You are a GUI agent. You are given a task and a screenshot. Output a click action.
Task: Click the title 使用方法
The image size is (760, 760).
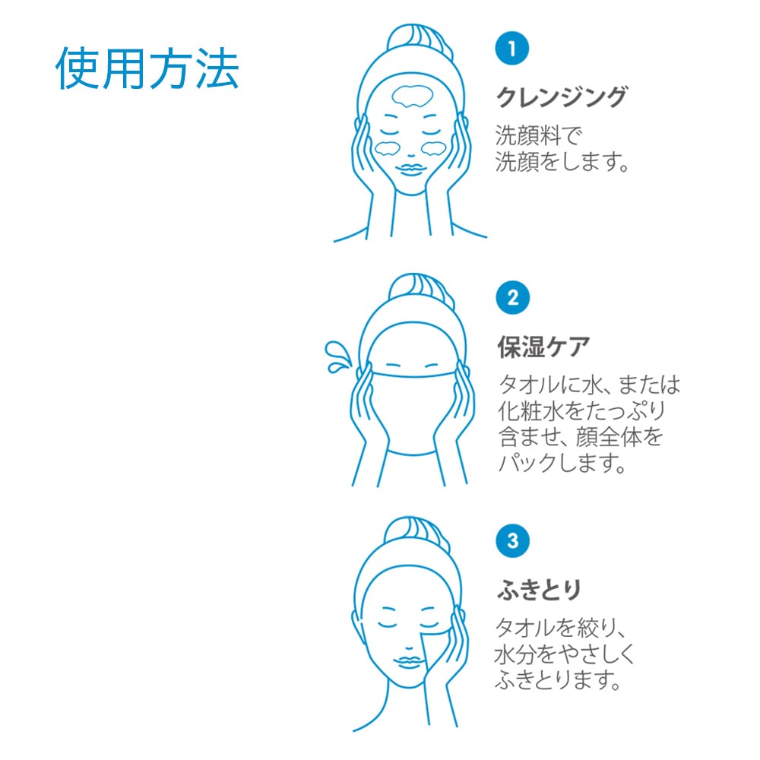click(x=147, y=68)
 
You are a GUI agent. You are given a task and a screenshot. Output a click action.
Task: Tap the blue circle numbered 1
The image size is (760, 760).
click(x=511, y=48)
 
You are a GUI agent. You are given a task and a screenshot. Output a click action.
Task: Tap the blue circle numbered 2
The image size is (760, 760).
click(x=512, y=298)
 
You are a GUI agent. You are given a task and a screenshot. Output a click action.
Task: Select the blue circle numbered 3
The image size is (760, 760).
click(x=512, y=541)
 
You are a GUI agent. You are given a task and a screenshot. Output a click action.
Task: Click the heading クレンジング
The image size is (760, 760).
click(x=562, y=97)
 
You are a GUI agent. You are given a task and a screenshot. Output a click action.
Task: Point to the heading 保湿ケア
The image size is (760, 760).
click(x=543, y=347)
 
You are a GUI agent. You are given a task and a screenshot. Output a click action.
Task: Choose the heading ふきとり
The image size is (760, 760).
click(x=539, y=591)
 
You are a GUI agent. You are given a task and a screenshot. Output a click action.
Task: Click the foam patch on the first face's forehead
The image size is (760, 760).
click(x=412, y=97)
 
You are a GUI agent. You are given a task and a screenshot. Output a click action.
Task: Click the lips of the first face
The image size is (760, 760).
click(x=410, y=169)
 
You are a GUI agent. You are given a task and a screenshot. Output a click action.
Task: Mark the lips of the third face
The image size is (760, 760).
click(x=408, y=662)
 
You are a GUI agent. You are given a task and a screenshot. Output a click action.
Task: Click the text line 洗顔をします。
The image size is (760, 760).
click(x=562, y=161)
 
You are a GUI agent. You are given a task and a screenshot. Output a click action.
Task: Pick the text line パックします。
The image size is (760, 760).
click(x=562, y=463)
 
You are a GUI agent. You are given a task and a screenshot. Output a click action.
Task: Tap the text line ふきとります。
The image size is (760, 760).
click(x=558, y=680)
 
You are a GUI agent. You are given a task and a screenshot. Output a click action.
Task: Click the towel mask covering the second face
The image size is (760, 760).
click(x=413, y=414)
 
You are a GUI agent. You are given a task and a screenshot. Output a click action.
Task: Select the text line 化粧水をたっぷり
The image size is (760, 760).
click(x=581, y=411)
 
